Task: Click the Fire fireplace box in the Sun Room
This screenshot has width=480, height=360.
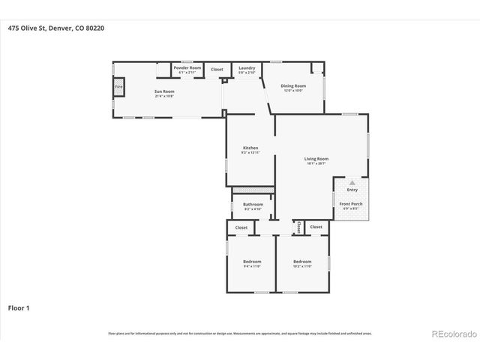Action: (x=118, y=87)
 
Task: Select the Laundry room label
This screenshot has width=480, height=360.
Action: (x=247, y=68)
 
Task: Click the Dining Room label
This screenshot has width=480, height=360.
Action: (x=293, y=85)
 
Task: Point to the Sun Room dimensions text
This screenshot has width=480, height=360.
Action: (x=164, y=96)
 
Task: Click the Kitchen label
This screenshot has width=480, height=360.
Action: (x=250, y=147)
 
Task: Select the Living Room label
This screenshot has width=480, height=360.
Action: (x=316, y=158)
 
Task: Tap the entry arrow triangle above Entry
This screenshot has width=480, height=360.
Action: (x=352, y=182)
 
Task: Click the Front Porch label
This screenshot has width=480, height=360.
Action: (x=352, y=203)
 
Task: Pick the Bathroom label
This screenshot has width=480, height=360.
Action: (x=253, y=204)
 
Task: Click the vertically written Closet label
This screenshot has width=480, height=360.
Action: (x=298, y=227)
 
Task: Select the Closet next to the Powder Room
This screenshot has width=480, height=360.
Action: (x=217, y=69)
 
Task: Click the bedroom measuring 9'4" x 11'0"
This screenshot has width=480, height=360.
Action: (x=251, y=262)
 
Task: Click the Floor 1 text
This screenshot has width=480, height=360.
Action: (x=19, y=307)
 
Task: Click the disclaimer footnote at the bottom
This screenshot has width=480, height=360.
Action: (x=239, y=334)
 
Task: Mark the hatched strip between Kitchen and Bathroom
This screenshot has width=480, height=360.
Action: (x=252, y=190)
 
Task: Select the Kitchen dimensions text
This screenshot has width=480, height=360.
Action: (x=250, y=152)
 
